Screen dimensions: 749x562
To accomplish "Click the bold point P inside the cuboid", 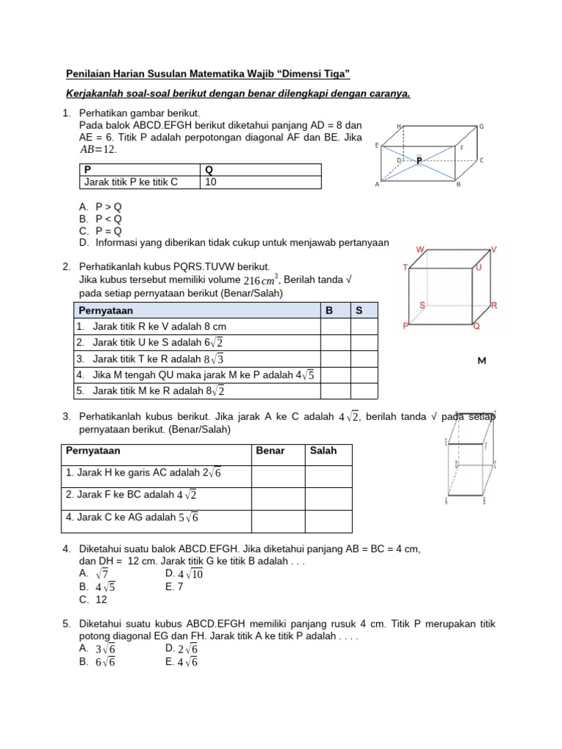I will click(419, 159).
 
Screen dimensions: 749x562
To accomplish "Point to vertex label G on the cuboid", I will click(482, 127).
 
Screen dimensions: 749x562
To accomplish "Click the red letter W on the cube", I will click(420, 250).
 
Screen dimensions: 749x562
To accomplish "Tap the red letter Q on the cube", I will click(476, 326).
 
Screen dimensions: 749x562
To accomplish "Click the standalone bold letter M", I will click(482, 361).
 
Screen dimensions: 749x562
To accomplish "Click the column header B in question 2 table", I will click(329, 310).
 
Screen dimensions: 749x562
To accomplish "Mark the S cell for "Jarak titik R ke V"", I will click(364, 326).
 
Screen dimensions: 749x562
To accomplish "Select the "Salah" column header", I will click(323, 451).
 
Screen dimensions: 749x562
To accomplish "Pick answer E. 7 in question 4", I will click(176, 587).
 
